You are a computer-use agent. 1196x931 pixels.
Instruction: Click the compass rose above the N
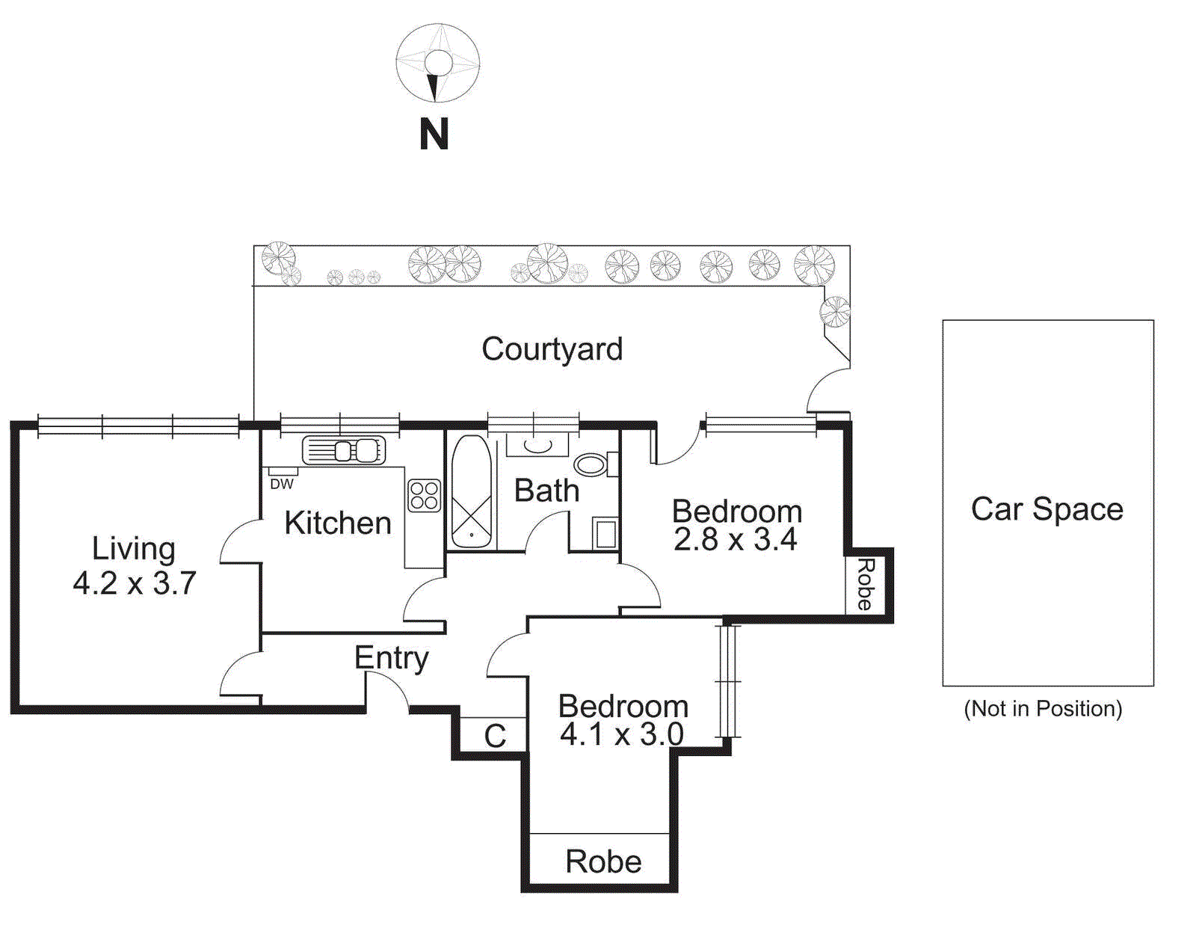coord(437,64)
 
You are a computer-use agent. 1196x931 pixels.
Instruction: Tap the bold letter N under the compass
coord(434,135)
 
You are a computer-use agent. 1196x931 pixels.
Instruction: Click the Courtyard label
coord(552,349)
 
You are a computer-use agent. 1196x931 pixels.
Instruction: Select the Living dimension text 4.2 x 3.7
coord(135,583)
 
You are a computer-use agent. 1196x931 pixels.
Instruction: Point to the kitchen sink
coord(345,451)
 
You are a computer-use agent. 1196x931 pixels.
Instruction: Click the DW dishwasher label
coord(282,484)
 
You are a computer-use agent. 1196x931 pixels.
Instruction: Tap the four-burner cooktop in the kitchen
coord(424,495)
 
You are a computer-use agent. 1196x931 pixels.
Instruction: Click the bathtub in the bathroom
coord(472,492)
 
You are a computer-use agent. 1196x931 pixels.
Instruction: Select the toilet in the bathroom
coord(594,464)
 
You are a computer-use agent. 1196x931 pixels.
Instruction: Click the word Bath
coord(546,491)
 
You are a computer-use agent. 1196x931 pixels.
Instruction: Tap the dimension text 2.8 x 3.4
coord(735,539)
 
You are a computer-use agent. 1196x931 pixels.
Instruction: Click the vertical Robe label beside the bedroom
coord(865,585)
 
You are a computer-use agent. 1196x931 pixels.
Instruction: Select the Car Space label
coord(1046,509)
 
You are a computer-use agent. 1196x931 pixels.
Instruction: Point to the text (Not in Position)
coord(1043,708)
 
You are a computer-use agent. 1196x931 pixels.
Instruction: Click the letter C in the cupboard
coord(495,736)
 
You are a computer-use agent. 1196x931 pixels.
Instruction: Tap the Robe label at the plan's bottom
coord(603,861)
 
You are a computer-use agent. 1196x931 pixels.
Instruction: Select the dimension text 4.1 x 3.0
coord(621,734)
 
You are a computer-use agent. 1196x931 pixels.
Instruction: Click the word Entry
coord(391,658)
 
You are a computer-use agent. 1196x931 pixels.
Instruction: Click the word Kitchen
coord(338,523)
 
